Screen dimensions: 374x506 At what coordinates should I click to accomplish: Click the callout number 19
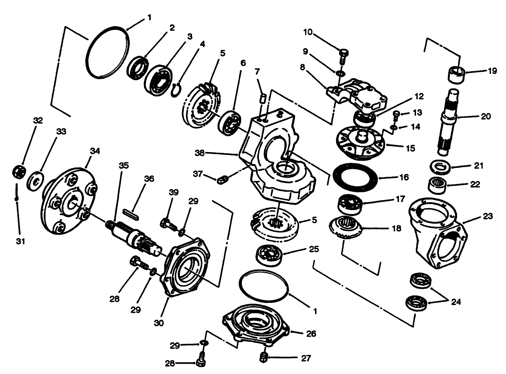[x=492, y=71]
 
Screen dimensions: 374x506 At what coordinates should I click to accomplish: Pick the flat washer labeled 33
[x=36, y=180]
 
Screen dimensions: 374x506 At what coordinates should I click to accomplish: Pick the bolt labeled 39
[x=168, y=224]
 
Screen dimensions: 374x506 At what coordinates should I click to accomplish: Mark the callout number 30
[x=159, y=323]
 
